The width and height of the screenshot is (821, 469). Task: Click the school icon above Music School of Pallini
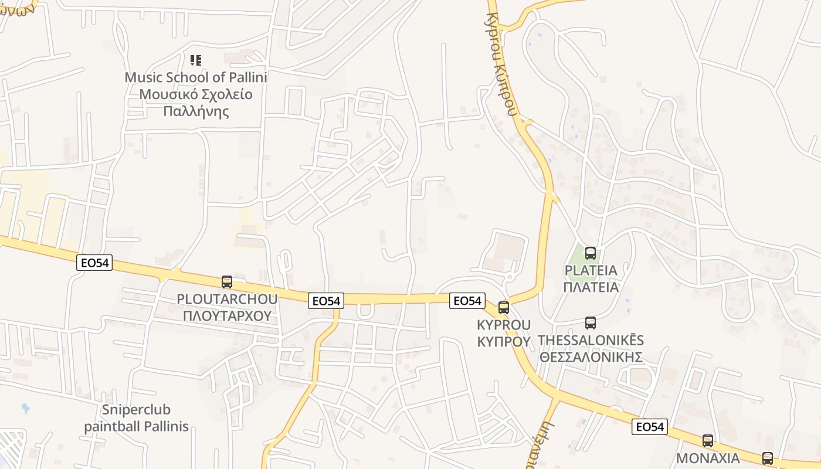pyautogui.click(x=196, y=60)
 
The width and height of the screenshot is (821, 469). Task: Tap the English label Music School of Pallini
pyautogui.click(x=196, y=77)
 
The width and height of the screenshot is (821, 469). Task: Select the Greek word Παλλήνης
pyautogui.click(x=196, y=111)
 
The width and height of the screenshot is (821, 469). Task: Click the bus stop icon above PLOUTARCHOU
pyautogui.click(x=227, y=282)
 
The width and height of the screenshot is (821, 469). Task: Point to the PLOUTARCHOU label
pyautogui.click(x=227, y=300)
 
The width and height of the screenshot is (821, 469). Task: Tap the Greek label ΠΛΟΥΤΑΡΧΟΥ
pyautogui.click(x=227, y=316)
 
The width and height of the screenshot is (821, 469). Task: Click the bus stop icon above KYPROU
pyautogui.click(x=503, y=308)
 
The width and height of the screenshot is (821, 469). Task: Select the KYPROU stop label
pyautogui.click(x=504, y=325)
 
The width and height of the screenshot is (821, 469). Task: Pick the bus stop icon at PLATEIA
pyautogui.click(x=591, y=253)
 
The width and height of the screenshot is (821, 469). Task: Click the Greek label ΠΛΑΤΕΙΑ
pyautogui.click(x=591, y=287)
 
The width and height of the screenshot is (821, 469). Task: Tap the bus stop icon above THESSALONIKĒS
pyautogui.click(x=591, y=323)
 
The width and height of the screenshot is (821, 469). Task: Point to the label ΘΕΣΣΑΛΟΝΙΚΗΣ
pyautogui.click(x=591, y=357)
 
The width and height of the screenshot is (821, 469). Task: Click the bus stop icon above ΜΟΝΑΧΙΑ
pyautogui.click(x=708, y=441)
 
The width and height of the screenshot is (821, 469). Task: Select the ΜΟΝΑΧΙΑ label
pyautogui.click(x=708, y=458)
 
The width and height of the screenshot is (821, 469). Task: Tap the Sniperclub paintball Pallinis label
pyautogui.click(x=136, y=418)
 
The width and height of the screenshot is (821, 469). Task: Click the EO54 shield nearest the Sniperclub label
pyautogui.click(x=94, y=263)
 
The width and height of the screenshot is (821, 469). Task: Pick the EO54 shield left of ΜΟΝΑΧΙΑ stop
pyautogui.click(x=650, y=427)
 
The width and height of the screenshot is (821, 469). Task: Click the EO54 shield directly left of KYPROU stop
pyautogui.click(x=467, y=301)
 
